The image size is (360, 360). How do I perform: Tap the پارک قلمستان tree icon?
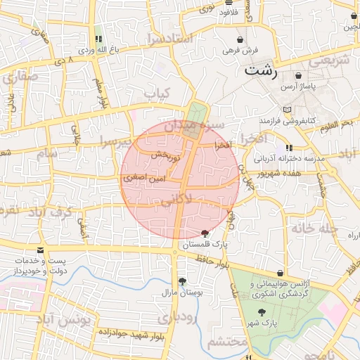pyautogui.click(x=205, y=233)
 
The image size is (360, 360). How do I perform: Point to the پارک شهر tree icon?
pyautogui.click(x=262, y=312)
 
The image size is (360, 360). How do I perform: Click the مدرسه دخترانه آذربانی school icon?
pyautogui.click(x=289, y=148)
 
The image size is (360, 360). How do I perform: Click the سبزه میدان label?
pyautogui.click(x=194, y=127)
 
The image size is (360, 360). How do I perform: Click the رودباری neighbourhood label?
pyautogui.click(x=173, y=319)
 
